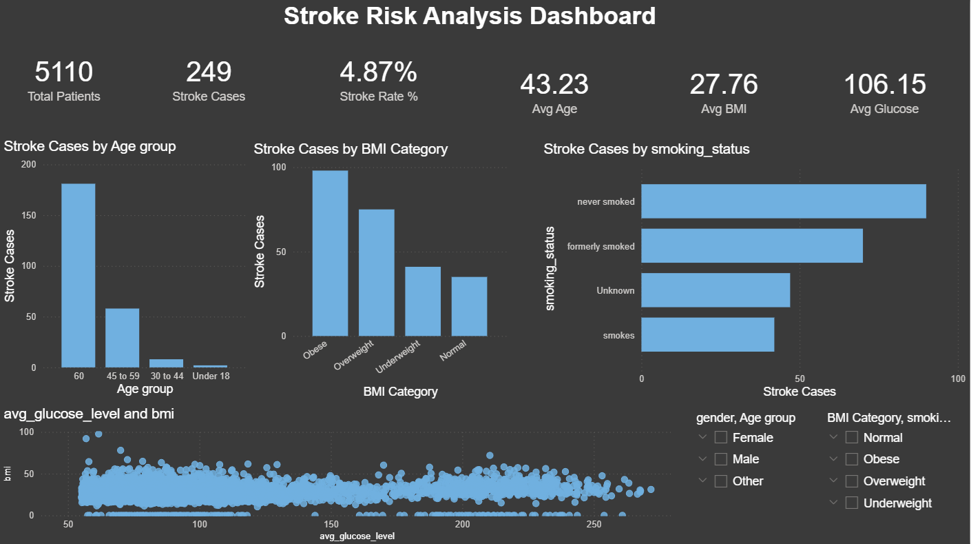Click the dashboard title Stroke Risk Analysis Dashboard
click(x=469, y=16)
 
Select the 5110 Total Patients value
click(x=63, y=72)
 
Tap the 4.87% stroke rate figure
click(x=378, y=72)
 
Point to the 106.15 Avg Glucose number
click(x=884, y=84)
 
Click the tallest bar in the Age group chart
click(x=78, y=275)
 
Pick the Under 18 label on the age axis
click(x=211, y=376)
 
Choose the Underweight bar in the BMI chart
click(x=423, y=301)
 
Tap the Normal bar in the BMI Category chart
click(x=469, y=306)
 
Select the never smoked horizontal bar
click(x=783, y=201)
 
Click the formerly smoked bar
click(x=751, y=245)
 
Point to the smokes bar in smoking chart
click(x=707, y=335)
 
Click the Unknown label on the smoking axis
click(x=615, y=291)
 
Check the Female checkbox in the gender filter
click(x=721, y=437)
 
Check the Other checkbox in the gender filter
click(x=721, y=481)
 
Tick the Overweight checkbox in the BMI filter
click(x=852, y=481)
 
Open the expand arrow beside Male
click(x=702, y=459)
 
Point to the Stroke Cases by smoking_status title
click(x=646, y=149)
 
